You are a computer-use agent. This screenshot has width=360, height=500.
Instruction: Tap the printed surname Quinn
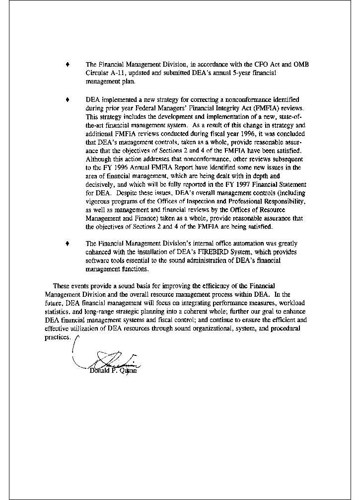point(126,370)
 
